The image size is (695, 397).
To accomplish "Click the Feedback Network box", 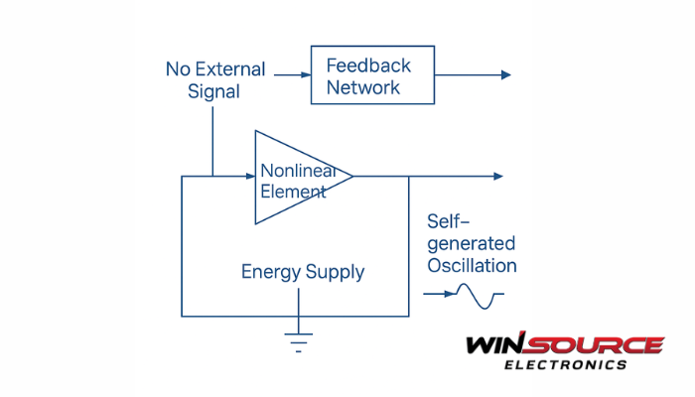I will (x=372, y=74).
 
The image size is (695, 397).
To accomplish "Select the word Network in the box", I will (x=363, y=87).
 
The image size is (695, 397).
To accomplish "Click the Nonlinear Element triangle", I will (x=298, y=177).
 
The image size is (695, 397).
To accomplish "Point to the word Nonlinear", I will (x=298, y=169).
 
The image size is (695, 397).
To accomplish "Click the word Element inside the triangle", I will (x=292, y=191).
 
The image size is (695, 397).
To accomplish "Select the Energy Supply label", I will (x=303, y=271).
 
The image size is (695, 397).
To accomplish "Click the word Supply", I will (x=335, y=272).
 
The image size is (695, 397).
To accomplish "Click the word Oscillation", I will (x=472, y=265).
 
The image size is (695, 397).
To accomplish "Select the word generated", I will (x=472, y=243).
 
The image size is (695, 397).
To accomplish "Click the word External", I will (x=229, y=69).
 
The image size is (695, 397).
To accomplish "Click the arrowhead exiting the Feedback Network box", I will (x=506, y=74).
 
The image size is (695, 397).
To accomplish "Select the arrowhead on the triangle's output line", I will (x=498, y=177).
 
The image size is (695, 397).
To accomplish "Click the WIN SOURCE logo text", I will (x=564, y=345).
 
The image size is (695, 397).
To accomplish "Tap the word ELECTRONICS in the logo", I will (x=566, y=364).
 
